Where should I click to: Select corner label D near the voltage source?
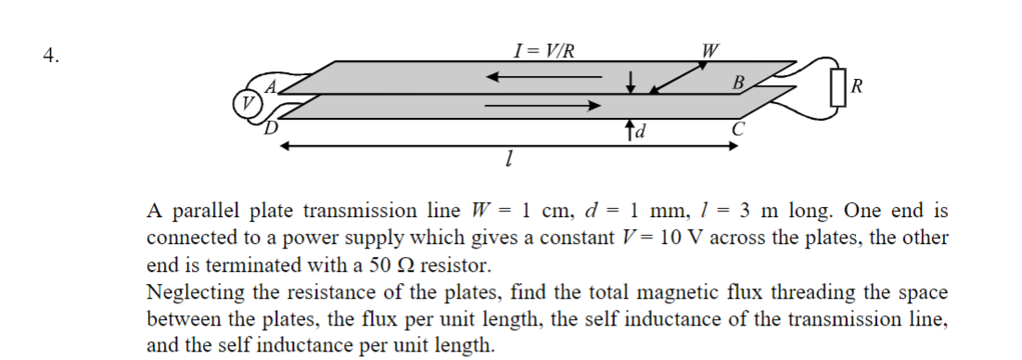(273, 127)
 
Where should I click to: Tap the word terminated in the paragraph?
(230, 264)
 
